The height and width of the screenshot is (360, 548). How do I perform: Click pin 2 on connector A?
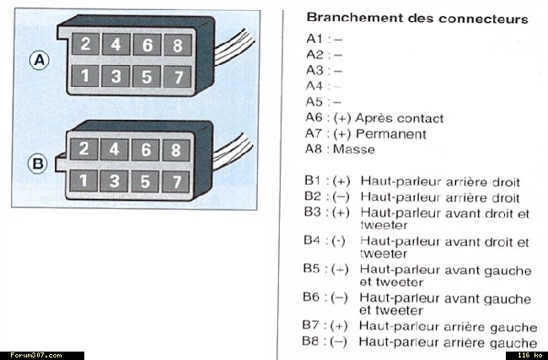(85, 45)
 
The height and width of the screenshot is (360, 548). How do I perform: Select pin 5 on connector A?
(145, 76)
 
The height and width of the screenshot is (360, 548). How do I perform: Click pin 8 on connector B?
(175, 150)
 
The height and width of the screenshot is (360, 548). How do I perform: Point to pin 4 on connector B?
(116, 150)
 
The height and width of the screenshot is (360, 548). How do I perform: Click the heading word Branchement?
(348, 18)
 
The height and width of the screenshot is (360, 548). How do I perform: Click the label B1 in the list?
(313, 181)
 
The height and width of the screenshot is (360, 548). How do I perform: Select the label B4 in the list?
(313, 241)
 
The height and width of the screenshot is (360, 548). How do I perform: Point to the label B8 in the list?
(312, 341)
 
